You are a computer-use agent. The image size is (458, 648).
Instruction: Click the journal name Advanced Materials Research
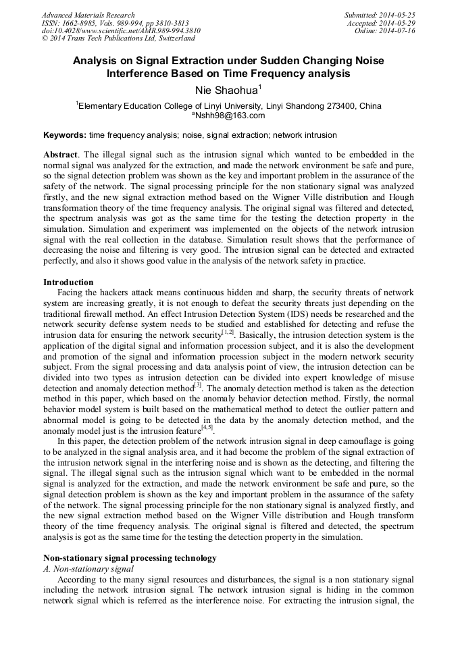(88, 15)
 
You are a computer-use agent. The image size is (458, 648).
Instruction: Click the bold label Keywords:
(64, 135)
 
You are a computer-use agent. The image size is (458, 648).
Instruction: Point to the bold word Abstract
(60, 155)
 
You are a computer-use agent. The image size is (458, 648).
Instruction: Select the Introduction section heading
(68, 282)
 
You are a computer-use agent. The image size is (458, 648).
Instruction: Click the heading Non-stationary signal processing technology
(130, 558)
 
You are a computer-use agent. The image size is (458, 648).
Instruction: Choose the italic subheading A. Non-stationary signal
(88, 569)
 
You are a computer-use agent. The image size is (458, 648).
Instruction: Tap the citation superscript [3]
(197, 386)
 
